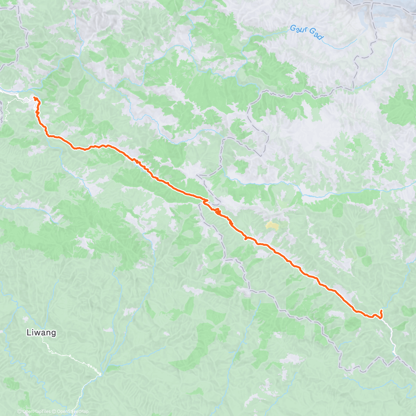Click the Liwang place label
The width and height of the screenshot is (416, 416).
pyautogui.click(x=41, y=333)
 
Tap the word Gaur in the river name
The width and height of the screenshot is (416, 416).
pyautogui.click(x=298, y=29)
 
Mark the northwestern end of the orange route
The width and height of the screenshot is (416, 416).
pyautogui.click(x=35, y=98)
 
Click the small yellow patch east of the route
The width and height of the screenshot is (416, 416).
pyautogui.click(x=272, y=226)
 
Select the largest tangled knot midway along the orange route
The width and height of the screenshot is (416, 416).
pyautogui.click(x=217, y=211)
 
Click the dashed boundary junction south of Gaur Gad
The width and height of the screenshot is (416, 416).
pyautogui.click(x=354, y=88)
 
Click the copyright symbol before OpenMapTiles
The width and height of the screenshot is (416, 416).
pyautogui.click(x=19, y=411)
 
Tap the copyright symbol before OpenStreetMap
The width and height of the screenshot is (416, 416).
pyautogui.click(x=54, y=411)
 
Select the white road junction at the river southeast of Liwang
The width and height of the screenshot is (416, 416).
pyautogui.click(x=99, y=374)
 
